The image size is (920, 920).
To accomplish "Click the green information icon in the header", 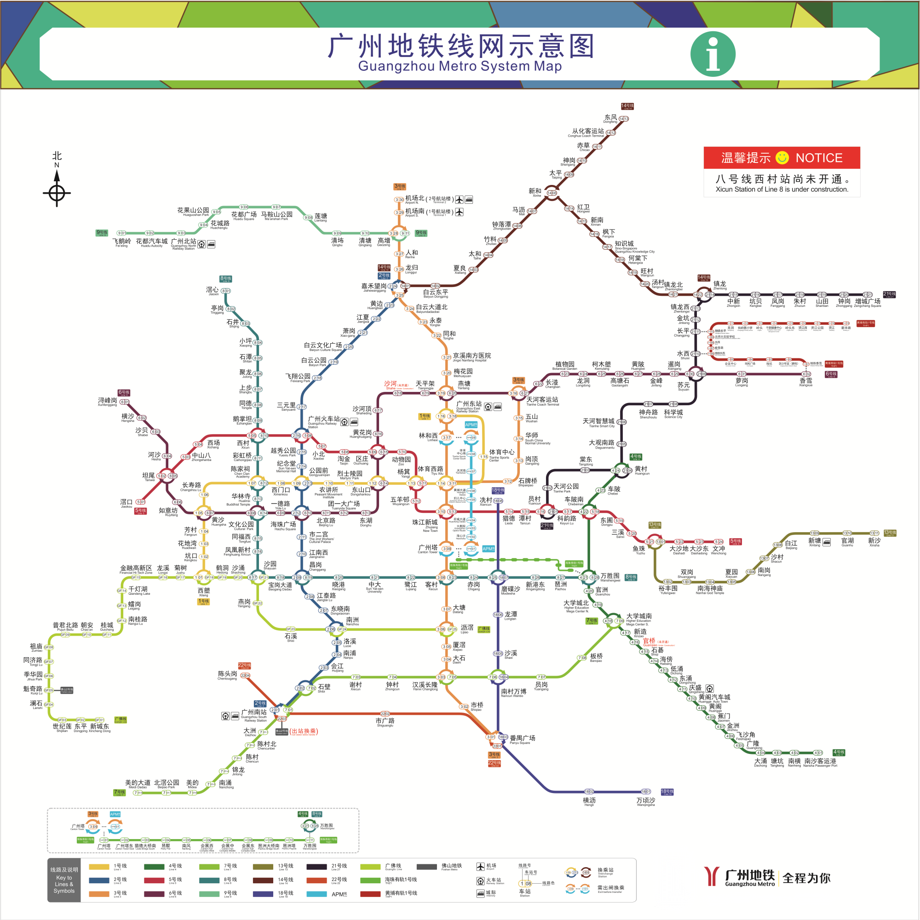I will click(713, 54).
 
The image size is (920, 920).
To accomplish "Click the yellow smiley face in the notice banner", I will click(782, 158).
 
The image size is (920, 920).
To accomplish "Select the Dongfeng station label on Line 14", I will click(610, 118).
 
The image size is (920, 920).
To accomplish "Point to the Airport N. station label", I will click(415, 199).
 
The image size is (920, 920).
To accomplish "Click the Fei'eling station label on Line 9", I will click(121, 242).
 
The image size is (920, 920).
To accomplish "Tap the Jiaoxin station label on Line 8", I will click(213, 290).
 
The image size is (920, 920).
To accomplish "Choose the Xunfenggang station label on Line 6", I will click(107, 402).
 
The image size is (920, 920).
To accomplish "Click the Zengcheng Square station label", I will click(867, 302).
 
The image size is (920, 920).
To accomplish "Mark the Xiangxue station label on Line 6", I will click(806, 381).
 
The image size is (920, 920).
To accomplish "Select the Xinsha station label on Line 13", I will click(874, 541).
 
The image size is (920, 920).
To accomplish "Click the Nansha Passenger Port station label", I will click(820, 762).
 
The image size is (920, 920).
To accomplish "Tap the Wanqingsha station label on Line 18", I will click(646, 801).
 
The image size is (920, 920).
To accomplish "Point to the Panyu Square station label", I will click(522, 739).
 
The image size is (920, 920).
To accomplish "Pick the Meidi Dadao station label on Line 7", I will click(138, 783).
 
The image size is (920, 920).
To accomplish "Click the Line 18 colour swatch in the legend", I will click(262, 894).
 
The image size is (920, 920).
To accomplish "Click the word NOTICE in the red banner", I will click(819, 158).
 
